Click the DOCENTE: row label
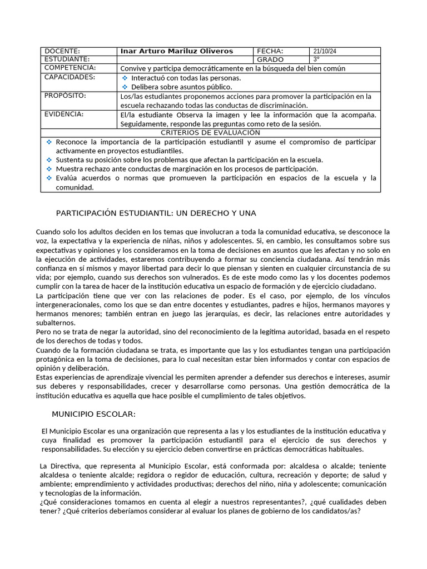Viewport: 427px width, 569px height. [x=62, y=51]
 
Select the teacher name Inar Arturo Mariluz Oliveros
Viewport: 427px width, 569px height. [x=177, y=51]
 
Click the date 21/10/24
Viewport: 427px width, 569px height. [x=325, y=51]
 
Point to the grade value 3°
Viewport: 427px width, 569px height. [x=317, y=59]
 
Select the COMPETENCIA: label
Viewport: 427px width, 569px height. [x=70, y=68]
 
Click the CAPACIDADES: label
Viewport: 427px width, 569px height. [x=69, y=77]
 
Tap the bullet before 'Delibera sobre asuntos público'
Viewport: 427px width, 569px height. [x=125, y=87]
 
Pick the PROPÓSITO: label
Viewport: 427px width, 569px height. [x=66, y=96]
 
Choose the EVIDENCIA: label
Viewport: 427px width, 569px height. [x=64, y=114]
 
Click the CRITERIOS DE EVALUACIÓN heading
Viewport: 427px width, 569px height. [x=210, y=133]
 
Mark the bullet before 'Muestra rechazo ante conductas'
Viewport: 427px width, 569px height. [x=49, y=169]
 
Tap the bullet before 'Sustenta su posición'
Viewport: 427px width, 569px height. [x=49, y=160]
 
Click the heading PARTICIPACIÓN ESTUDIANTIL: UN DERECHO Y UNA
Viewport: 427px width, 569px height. [x=156, y=213]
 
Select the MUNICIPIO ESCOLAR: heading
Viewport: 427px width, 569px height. [x=94, y=414]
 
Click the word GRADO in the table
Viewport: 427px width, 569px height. [x=270, y=59]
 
